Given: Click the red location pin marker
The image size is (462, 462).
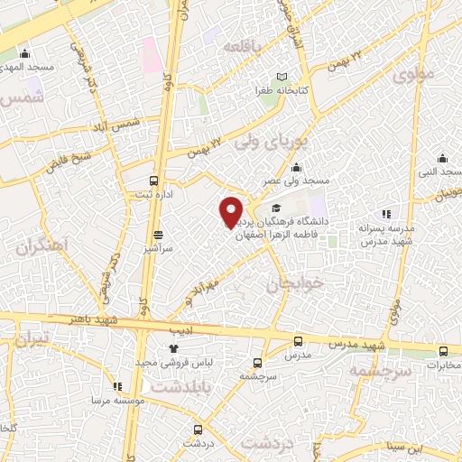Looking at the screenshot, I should click(x=231, y=212).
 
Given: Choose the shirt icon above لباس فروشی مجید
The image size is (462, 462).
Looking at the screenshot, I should click(x=173, y=348).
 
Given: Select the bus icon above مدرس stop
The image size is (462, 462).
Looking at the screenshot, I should click(x=299, y=341).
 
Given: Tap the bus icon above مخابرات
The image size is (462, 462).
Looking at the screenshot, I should click(x=442, y=351).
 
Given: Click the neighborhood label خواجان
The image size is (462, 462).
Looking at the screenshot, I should click(x=292, y=285).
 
